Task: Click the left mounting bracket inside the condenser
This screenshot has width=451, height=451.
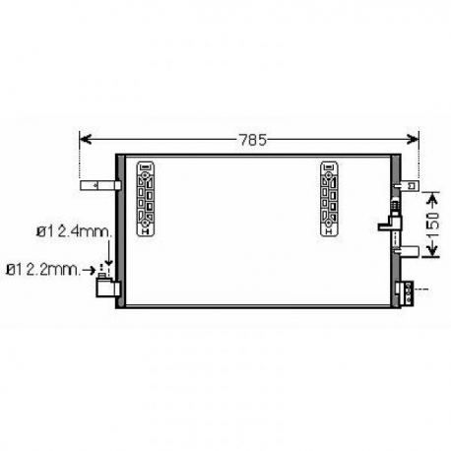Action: coord(146,198)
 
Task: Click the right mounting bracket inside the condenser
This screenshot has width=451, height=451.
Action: coord(328,198)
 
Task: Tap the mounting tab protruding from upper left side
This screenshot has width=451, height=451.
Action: coord(99,184)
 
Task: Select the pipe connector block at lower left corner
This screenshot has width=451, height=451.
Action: coord(104,290)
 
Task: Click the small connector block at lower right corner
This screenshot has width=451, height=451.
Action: coord(401,290)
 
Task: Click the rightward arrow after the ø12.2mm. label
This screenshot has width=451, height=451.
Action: coord(95,267)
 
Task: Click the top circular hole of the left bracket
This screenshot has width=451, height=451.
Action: coord(146,168)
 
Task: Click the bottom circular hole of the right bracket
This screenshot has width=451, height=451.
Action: coord(328,228)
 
